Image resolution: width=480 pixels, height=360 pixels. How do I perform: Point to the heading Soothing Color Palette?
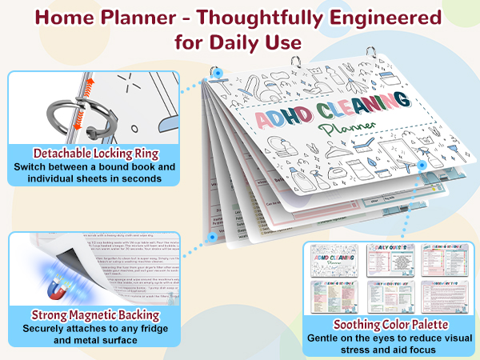click(x=390, y=326)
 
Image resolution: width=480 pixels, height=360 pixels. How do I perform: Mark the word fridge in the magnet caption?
click(x=129, y=327)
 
